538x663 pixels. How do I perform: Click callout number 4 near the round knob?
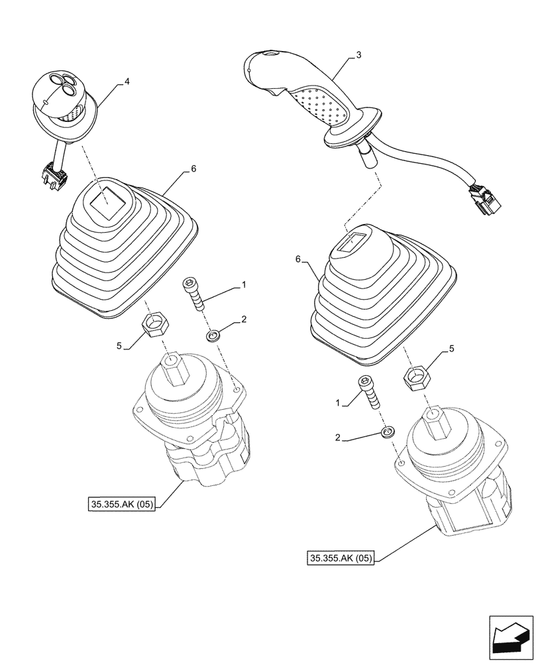(127, 83)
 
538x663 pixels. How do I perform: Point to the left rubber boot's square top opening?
(107, 198)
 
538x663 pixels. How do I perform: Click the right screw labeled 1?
(369, 393)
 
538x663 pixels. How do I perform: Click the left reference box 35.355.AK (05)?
(121, 505)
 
